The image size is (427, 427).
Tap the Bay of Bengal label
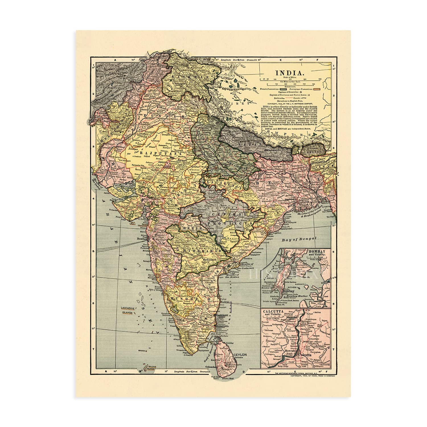coord(299,239)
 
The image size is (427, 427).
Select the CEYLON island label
coord(240,355)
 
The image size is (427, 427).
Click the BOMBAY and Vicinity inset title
coord(320,253)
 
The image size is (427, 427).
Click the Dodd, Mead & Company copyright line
coord(313,376)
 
